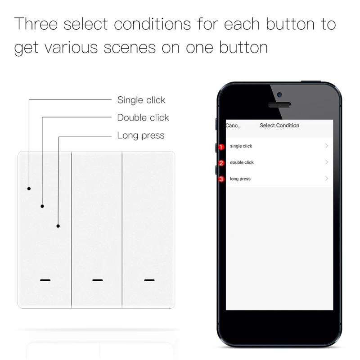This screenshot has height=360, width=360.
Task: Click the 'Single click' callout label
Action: pyautogui.click(x=141, y=100)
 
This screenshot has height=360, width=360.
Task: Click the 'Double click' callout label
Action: pyautogui.click(x=143, y=118)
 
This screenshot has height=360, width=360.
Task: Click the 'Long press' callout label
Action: pyautogui.click(x=141, y=135)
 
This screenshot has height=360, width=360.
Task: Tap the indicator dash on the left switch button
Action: pyautogui.click(x=45, y=280)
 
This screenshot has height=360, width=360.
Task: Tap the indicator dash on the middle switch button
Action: pyautogui.click(x=97, y=280)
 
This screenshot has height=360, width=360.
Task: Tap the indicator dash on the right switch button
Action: pyautogui.click(x=149, y=280)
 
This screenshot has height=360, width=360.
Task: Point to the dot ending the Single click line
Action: pyautogui.click(x=29, y=189)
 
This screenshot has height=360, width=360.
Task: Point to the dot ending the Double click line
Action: pyautogui.click(x=42, y=206)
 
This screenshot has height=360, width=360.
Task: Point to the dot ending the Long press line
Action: pyautogui.click(x=58, y=226)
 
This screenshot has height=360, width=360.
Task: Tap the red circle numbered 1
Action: pyautogui.click(x=221, y=147)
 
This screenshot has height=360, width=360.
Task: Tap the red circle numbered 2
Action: pyautogui.click(x=221, y=163)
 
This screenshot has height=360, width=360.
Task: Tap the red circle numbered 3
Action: pyautogui.click(x=221, y=179)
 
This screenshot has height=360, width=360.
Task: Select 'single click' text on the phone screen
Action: pyautogui.click(x=241, y=146)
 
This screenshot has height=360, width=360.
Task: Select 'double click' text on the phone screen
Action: pyautogui.click(x=242, y=162)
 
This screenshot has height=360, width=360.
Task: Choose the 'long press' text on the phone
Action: pyautogui.click(x=240, y=179)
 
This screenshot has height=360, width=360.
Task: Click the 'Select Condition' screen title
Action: pyautogui.click(x=279, y=126)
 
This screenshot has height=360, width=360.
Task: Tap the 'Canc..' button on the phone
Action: pyautogui.click(x=233, y=126)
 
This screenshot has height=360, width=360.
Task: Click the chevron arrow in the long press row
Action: pyautogui.click(x=327, y=179)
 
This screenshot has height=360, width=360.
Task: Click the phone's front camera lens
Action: pyautogui.click(x=279, y=94)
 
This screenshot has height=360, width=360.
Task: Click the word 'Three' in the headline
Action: pyautogui.click(x=36, y=25)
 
